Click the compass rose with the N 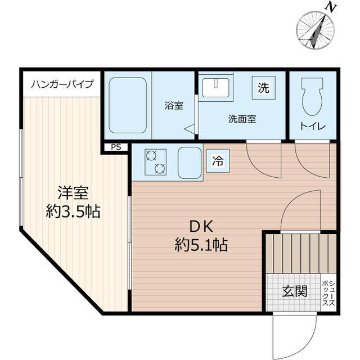coord(316,30)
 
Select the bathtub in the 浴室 coord(128,105)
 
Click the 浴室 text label coord(173,105)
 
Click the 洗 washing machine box coord(263,88)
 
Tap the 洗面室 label coord(242,119)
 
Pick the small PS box coord(116,147)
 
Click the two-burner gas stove coord(155,162)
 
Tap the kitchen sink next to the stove coord(190,163)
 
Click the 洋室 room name coord(73,193)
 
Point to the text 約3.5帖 coord(73,212)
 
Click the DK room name coord(200,226)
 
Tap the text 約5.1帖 coord(200,245)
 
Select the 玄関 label coord(295,291)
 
